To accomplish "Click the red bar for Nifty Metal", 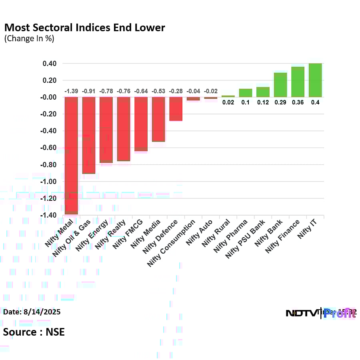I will click(x=71, y=156).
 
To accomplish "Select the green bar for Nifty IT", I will click(x=315, y=80).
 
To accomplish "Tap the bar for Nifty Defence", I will click(x=176, y=109).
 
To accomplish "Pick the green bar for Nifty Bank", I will click(x=280, y=85).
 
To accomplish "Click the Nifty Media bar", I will click(x=158, y=119).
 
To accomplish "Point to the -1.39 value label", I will click(x=71, y=92).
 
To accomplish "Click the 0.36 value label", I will click(x=298, y=102).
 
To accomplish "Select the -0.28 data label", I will click(x=176, y=92).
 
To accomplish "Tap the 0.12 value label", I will click(x=263, y=102).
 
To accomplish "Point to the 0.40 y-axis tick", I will click(x=50, y=64).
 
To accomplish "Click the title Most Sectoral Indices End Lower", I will click(x=84, y=28).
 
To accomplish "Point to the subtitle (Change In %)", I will click(x=29, y=39).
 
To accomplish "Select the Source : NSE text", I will click(x=34, y=332).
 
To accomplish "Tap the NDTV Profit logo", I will click(x=320, y=313).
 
